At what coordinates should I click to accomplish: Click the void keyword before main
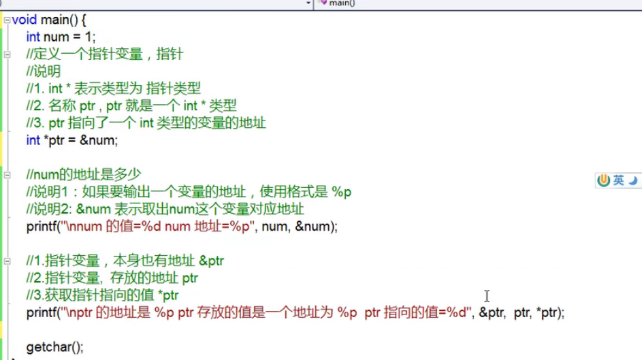point(24,19)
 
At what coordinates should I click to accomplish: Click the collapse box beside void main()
point(6,20)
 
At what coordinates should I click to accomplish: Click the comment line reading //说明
point(43,71)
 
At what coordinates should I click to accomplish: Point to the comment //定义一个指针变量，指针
point(104,54)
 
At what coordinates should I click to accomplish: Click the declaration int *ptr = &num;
point(72,140)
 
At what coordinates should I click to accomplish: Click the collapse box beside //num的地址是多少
point(6,176)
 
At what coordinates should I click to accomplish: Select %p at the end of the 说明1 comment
point(342,192)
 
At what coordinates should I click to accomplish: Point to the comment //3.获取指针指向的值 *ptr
point(102,295)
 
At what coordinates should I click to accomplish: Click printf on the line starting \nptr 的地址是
point(42,313)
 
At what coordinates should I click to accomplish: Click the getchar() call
point(54,347)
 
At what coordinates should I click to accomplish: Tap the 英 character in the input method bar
point(618,180)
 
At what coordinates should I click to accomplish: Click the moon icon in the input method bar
point(632,180)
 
